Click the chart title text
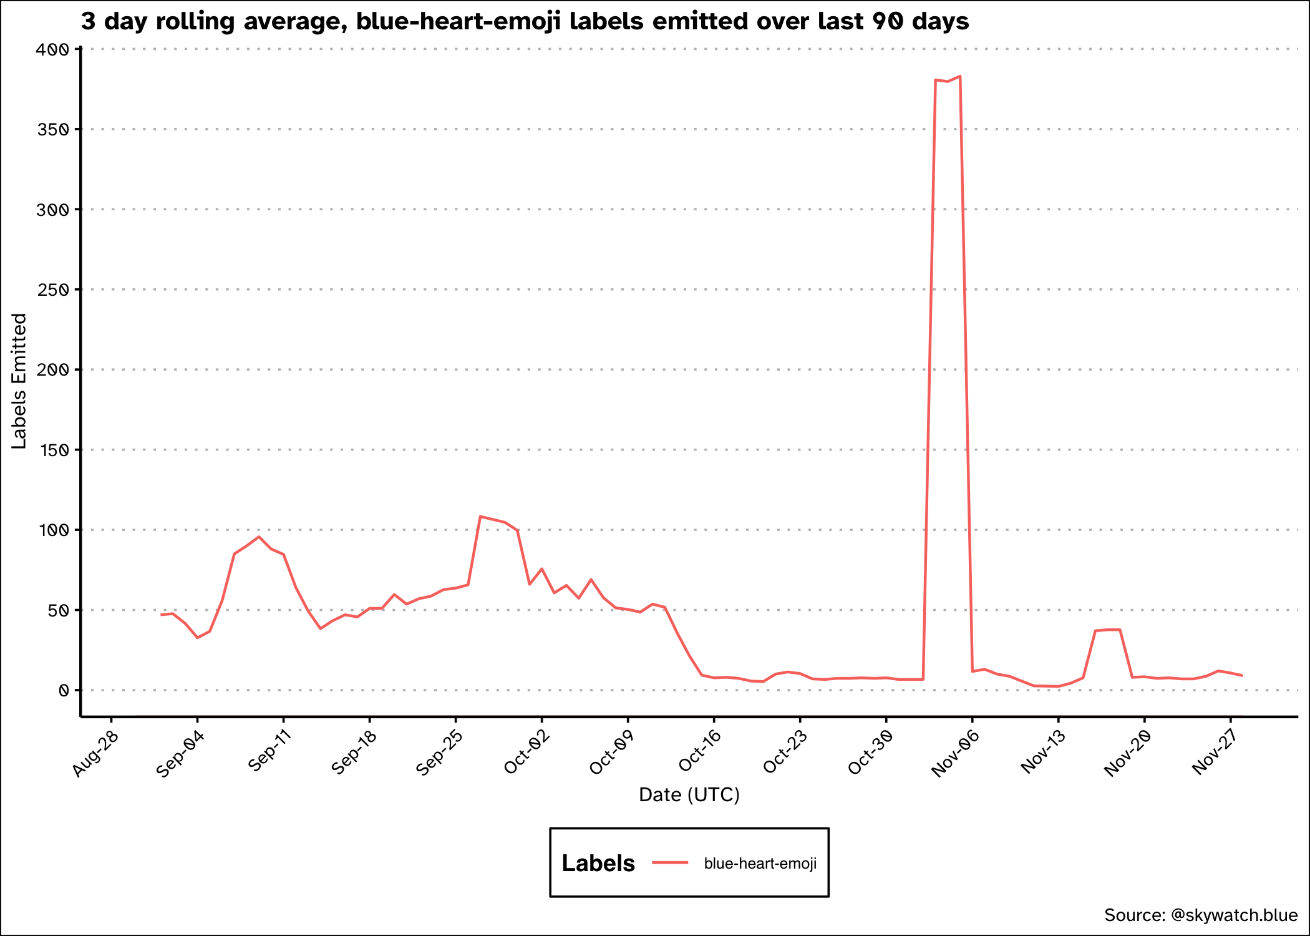pos(525,22)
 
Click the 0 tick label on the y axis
pos(63,691)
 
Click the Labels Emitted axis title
pos(19,381)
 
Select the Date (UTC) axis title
pos(689,795)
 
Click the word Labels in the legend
pos(598,863)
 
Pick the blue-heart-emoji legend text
pos(760,864)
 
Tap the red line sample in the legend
pos(670,863)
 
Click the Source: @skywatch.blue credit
pos(1200,915)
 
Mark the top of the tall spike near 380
pos(959,77)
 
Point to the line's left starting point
pos(161,615)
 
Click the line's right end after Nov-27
pos(1242,676)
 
